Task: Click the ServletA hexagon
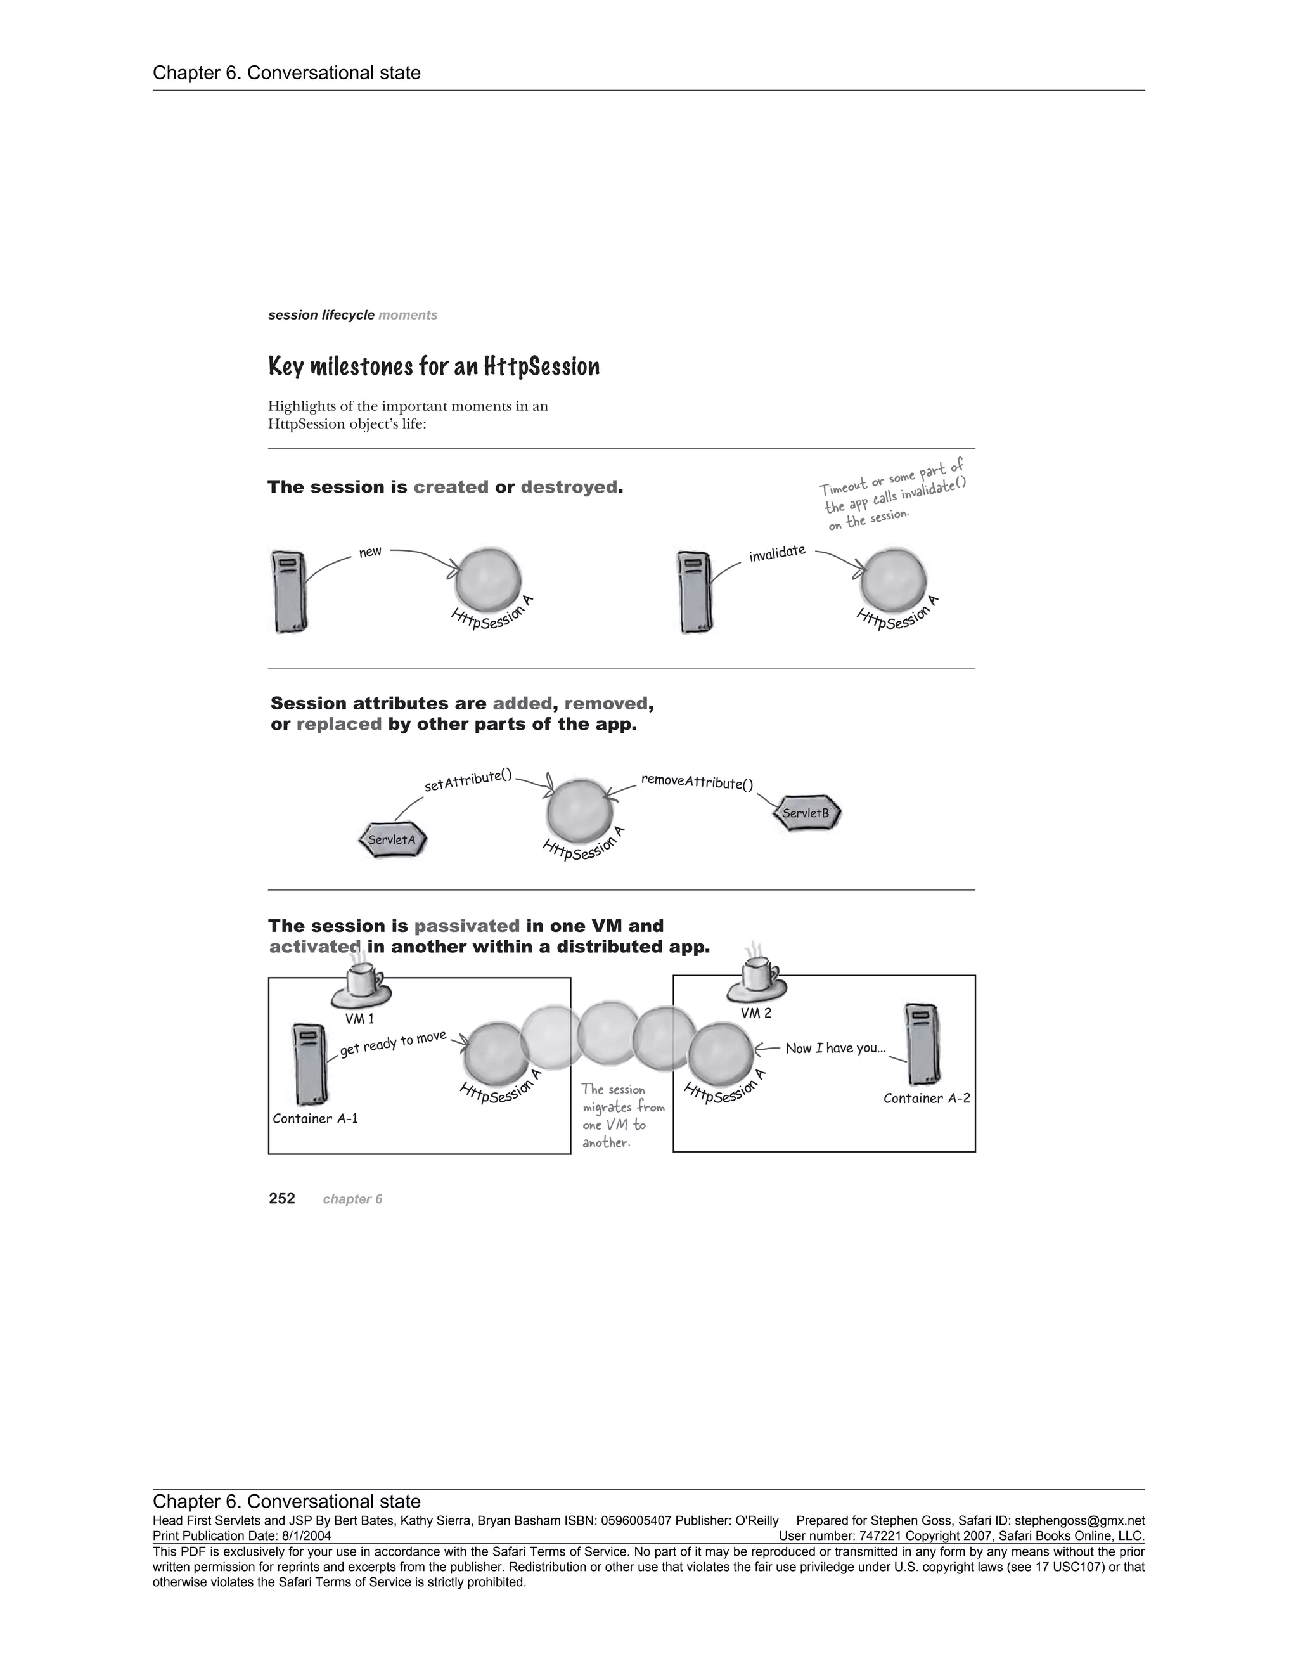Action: [392, 840]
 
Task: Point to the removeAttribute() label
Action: [697, 782]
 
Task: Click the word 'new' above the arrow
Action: [370, 552]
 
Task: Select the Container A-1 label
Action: [315, 1118]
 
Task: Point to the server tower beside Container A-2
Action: [923, 1044]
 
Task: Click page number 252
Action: [282, 1198]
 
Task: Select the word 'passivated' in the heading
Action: [466, 926]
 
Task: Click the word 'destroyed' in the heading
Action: [569, 487]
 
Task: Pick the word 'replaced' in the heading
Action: [339, 724]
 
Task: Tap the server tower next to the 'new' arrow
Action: [289, 591]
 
